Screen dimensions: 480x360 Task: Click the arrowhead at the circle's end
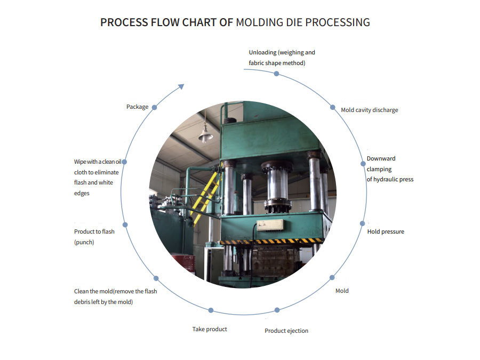click(181, 86)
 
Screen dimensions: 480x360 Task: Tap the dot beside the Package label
click(155, 107)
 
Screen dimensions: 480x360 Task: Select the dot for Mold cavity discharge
click(332, 107)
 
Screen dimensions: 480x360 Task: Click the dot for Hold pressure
click(362, 223)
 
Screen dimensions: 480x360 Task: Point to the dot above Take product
click(211, 310)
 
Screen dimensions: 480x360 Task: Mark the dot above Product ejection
click(277, 310)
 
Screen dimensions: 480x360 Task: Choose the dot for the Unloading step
click(276, 74)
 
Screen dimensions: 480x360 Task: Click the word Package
click(138, 107)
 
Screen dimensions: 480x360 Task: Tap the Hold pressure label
click(386, 232)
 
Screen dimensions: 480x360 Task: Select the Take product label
click(210, 329)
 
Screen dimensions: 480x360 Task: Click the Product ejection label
click(286, 331)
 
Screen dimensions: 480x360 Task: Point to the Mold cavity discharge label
click(370, 110)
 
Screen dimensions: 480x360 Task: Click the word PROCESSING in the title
click(338, 22)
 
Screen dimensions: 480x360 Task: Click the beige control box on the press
click(270, 225)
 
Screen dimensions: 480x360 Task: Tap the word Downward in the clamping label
click(381, 158)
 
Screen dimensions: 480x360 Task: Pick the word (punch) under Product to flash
click(84, 242)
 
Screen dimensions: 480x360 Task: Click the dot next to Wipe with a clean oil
click(124, 162)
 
